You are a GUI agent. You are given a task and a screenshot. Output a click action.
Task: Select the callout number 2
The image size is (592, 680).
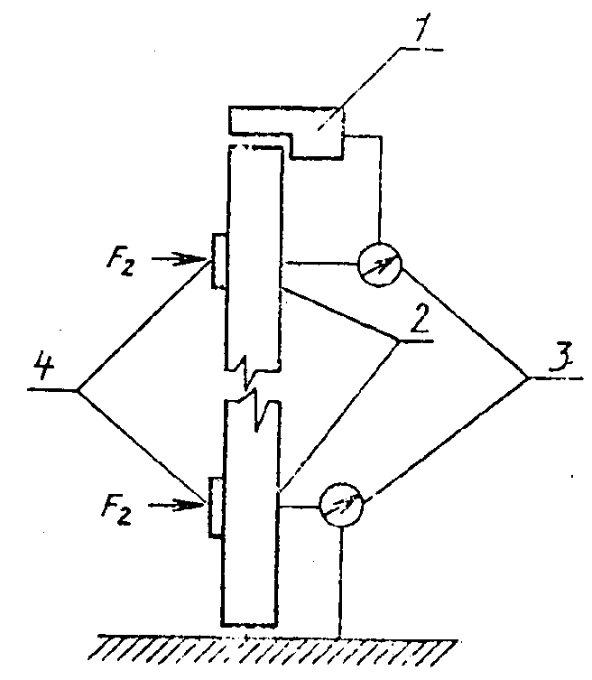coord(420,318)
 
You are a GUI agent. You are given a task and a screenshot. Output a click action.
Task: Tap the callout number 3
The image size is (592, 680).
coord(561,357)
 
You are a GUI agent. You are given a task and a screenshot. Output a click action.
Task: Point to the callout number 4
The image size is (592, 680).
coord(44,367)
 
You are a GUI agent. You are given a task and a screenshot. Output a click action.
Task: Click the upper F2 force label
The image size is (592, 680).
coord(121,262)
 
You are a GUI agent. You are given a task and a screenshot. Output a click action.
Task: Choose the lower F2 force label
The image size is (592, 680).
coord(116,510)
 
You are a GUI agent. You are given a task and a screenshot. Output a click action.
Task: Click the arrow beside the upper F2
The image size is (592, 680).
coord(179,259)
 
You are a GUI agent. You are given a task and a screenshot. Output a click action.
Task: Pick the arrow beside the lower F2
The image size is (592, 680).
coord(176,505)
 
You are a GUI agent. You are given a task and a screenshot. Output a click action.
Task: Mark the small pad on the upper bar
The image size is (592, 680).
coord(219,261)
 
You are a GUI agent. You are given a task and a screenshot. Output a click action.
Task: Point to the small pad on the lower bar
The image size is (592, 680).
coord(216,508)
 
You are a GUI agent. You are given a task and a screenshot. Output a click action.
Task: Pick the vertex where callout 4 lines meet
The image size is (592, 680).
coord(78,390)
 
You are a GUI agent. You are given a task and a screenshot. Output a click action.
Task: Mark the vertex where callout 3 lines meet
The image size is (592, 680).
coord(529,378)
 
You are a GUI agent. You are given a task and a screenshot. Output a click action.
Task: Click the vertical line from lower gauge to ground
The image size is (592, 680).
coord(341,582)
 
